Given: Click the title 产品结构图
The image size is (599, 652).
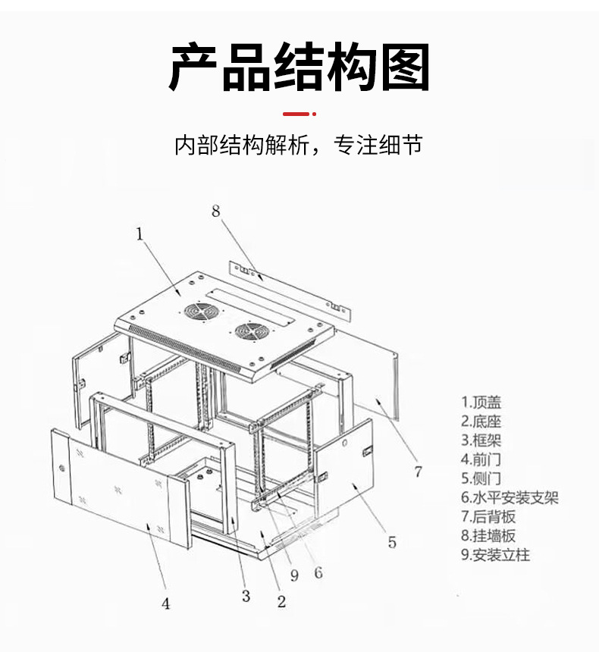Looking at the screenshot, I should tap(299, 67).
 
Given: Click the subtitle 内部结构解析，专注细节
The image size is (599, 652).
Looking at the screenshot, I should tap(298, 145).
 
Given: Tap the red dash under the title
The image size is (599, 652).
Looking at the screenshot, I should tap(297, 114).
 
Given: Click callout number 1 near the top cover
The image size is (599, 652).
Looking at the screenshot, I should tap(140, 234).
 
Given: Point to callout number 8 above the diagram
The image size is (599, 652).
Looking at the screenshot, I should tap(216, 212).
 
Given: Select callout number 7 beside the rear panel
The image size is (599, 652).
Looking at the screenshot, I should tap(418, 472).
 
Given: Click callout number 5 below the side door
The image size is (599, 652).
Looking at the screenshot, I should tap(391, 541).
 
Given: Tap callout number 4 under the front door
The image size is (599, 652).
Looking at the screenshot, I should tap(166, 603).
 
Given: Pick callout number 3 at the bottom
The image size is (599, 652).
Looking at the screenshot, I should tap(246, 596).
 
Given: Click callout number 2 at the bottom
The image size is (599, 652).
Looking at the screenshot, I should tap(281, 602).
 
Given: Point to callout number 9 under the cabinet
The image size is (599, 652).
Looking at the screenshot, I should tap(294, 575).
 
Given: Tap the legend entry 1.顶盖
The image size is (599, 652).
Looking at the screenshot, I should tap(481, 403).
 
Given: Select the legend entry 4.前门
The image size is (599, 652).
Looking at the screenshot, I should tap(481, 459).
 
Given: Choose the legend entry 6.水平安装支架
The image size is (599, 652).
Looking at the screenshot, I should tap(510, 497).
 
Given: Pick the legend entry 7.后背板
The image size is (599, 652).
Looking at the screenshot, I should tap(489, 516).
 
